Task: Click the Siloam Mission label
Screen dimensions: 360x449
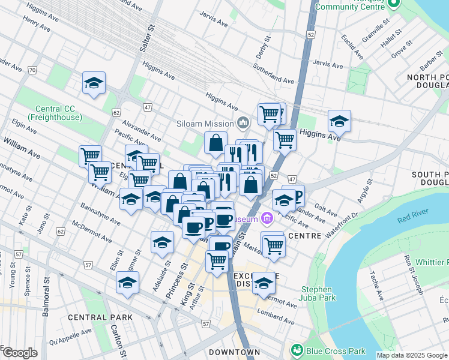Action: point(205,124)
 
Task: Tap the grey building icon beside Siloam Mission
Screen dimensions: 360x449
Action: point(243,124)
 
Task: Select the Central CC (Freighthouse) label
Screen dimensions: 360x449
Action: point(58,113)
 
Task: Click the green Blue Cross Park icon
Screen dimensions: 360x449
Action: point(295,350)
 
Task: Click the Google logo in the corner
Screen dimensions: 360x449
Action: point(19,353)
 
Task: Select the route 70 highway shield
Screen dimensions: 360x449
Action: point(32,70)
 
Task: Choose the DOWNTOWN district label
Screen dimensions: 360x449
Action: point(235,352)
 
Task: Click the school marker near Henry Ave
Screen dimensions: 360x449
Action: point(94,83)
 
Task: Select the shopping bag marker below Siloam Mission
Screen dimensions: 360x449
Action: point(215,143)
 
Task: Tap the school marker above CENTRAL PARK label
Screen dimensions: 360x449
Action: point(127,283)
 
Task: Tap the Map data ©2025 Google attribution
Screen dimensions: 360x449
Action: point(412,355)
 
